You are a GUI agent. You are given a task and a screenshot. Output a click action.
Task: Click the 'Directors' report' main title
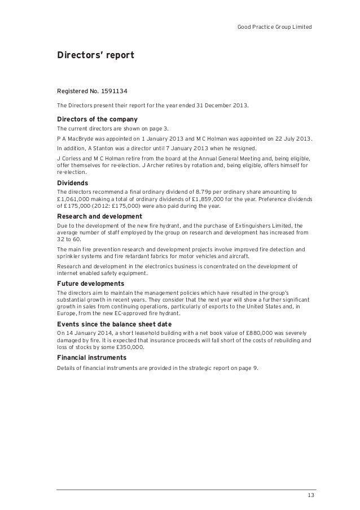95,55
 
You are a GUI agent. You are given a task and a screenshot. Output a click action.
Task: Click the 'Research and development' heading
99,216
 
